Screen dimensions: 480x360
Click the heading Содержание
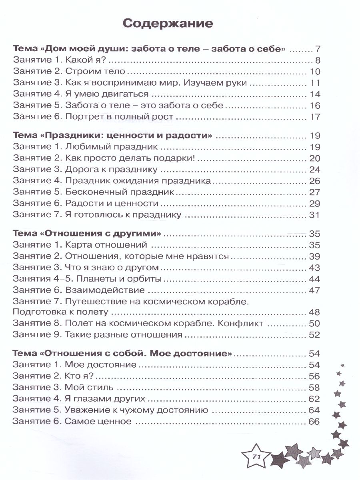coord(168,24)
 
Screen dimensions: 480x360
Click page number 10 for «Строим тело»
coord(314,72)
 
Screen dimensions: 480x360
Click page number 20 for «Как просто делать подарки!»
coord(314,158)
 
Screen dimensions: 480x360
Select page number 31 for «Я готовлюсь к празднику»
coord(314,215)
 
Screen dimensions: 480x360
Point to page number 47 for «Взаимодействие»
coord(314,290)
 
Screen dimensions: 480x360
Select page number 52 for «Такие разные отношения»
coord(314,334)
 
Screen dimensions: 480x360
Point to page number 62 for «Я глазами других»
coord(314,398)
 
